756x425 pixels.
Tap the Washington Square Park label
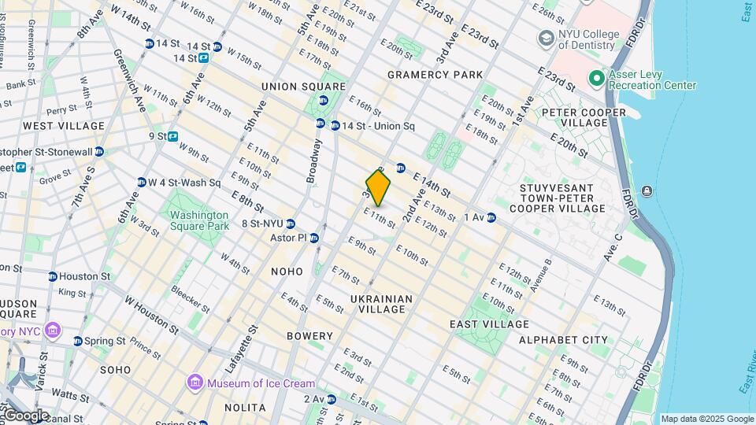click(x=197, y=220)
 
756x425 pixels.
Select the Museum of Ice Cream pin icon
click(x=195, y=383)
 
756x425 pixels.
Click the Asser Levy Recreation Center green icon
click(x=596, y=79)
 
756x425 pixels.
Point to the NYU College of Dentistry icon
click(x=545, y=39)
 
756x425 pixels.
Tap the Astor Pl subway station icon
click(x=314, y=238)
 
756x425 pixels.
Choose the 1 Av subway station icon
click(x=491, y=217)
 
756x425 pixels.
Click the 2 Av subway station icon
click(x=332, y=399)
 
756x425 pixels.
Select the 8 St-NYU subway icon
click(x=291, y=224)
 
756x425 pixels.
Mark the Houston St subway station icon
click(x=53, y=276)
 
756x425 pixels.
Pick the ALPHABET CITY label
click(x=563, y=340)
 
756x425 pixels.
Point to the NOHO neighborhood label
click(x=287, y=272)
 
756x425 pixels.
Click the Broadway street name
click(x=314, y=161)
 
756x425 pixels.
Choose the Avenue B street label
click(x=540, y=275)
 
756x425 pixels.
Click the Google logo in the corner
click(x=25, y=416)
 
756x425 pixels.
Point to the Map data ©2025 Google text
click(x=707, y=419)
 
